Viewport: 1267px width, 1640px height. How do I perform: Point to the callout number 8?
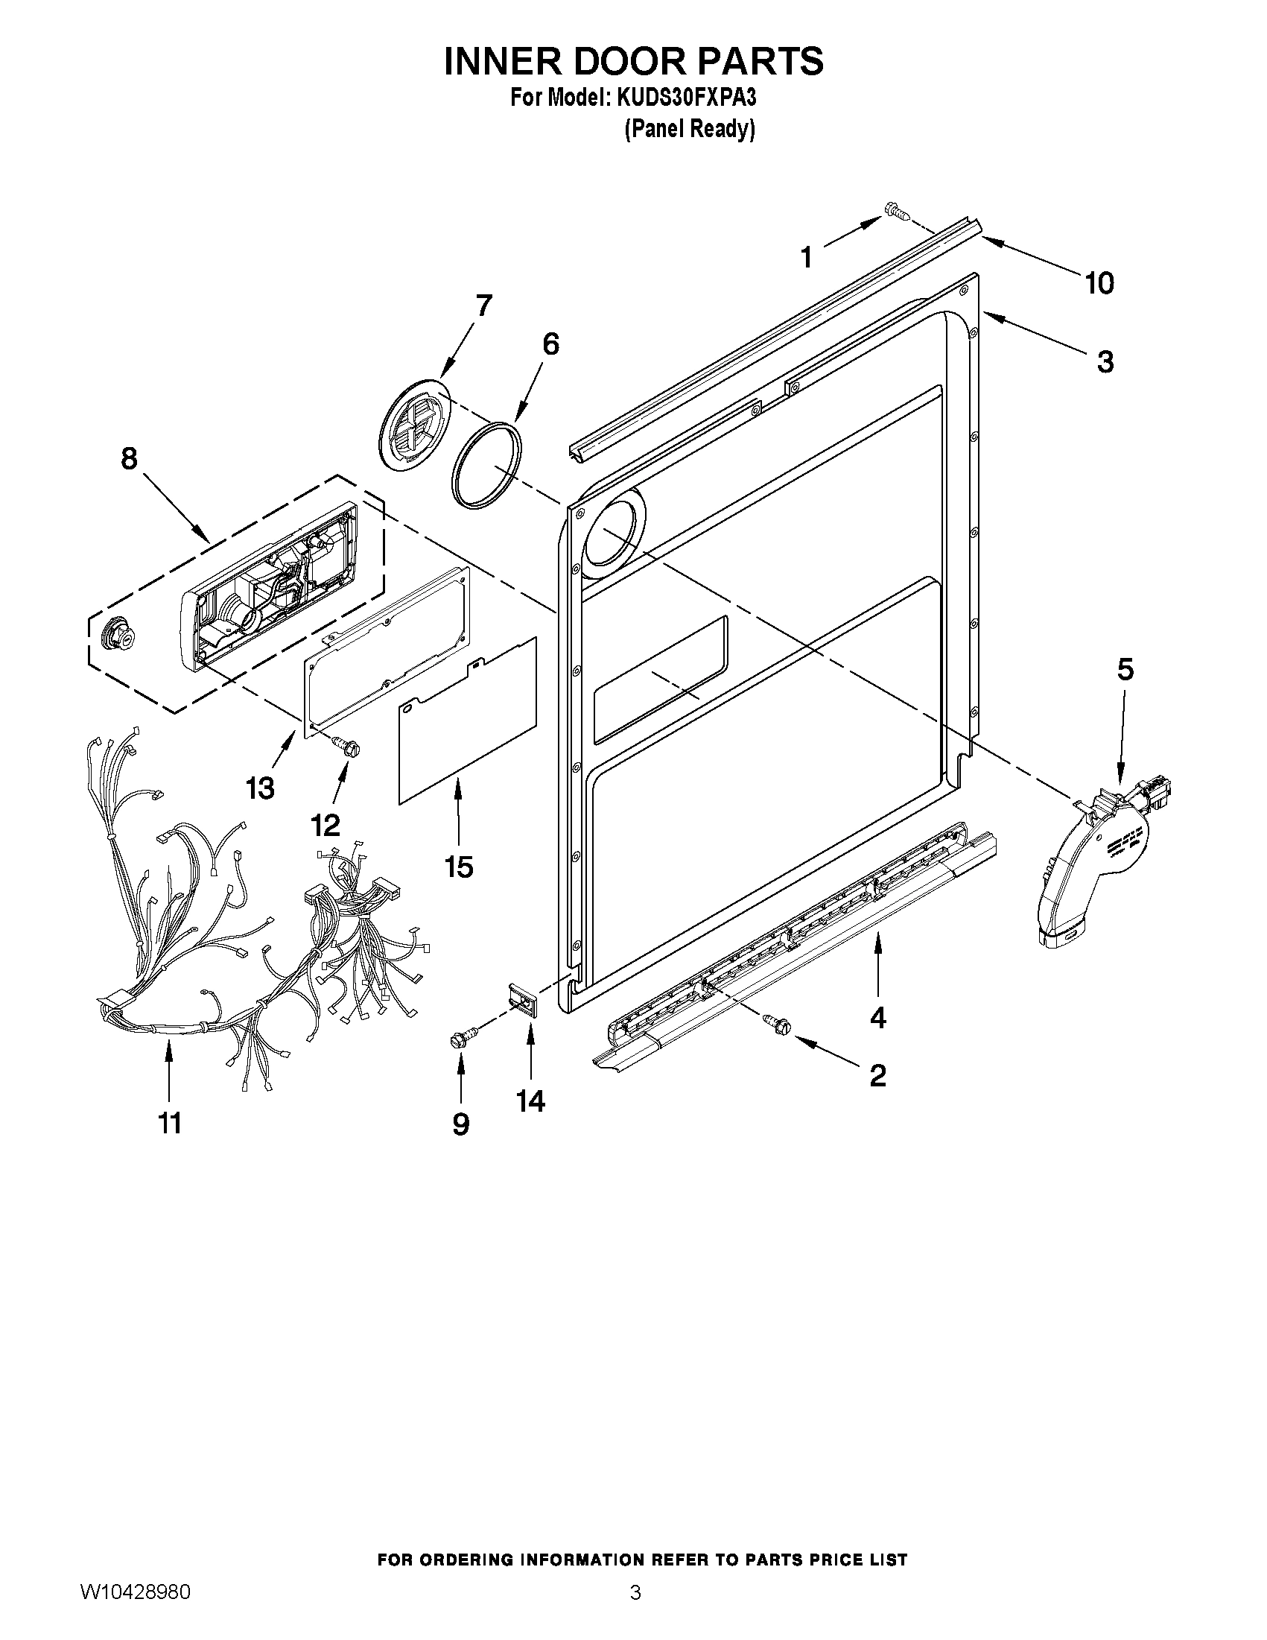129,458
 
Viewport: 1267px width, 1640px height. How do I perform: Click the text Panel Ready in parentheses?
689,129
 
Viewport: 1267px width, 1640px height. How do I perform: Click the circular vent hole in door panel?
612,535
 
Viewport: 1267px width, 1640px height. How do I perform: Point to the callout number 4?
877,1018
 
